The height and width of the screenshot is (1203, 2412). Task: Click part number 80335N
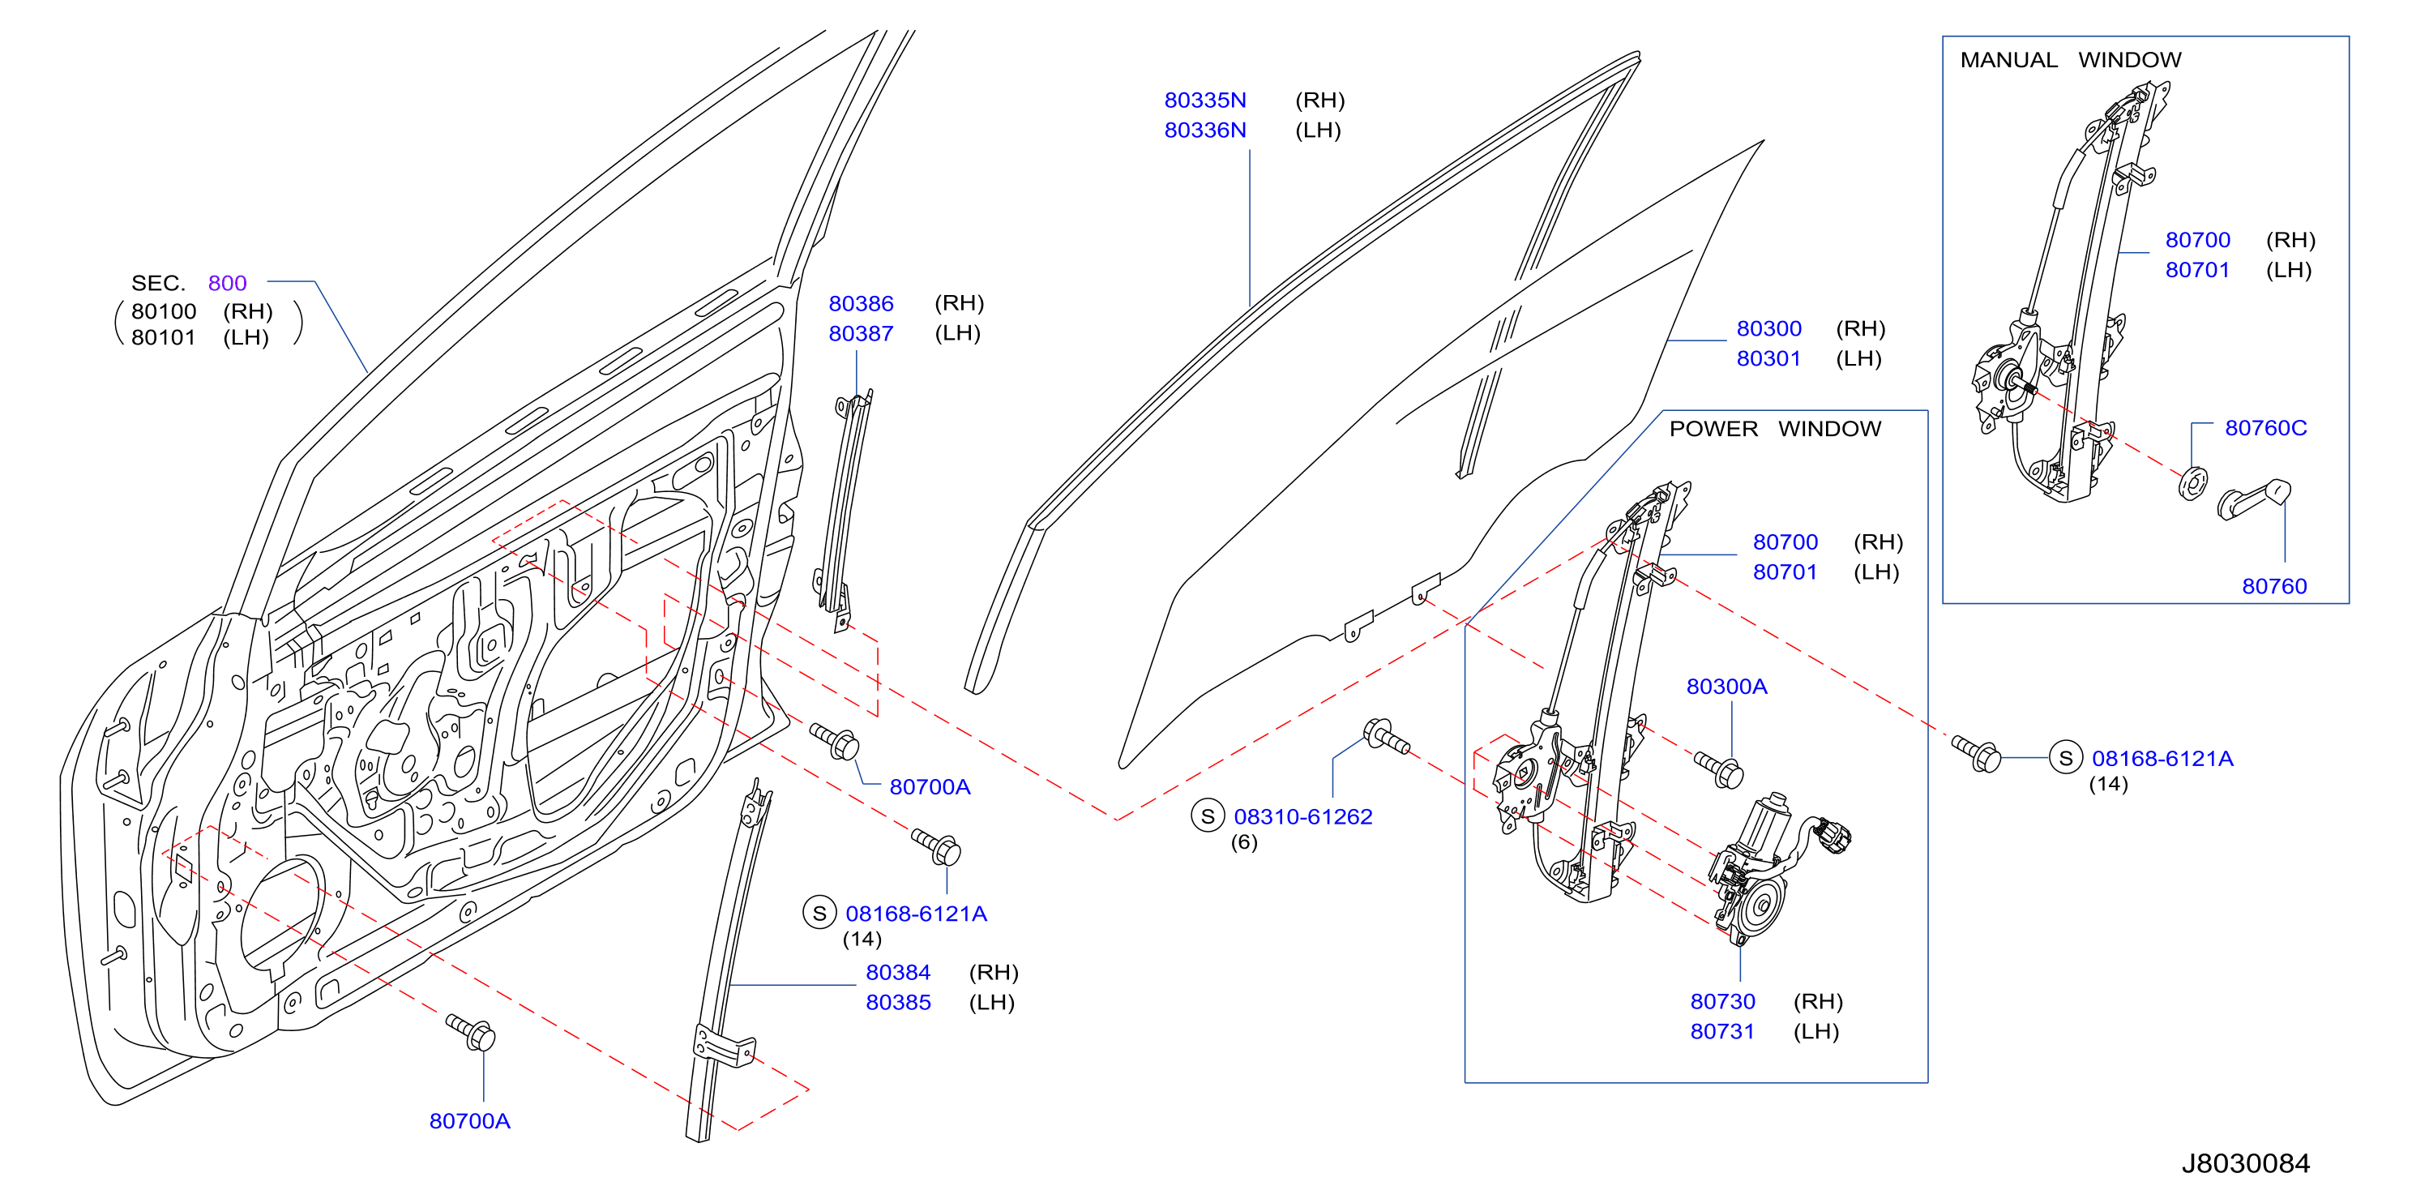(x=1205, y=101)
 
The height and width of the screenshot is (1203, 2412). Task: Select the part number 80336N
(x=1205, y=131)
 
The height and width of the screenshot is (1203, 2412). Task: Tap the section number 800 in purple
(x=228, y=283)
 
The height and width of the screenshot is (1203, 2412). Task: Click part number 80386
(x=861, y=303)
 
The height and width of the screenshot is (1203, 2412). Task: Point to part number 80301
(x=1768, y=358)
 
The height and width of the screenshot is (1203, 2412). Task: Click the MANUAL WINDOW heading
(x=2070, y=60)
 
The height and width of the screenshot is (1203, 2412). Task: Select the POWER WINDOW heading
(x=1774, y=429)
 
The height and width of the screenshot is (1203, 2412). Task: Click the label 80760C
(x=2266, y=428)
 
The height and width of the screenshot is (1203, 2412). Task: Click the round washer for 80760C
(x=2193, y=482)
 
